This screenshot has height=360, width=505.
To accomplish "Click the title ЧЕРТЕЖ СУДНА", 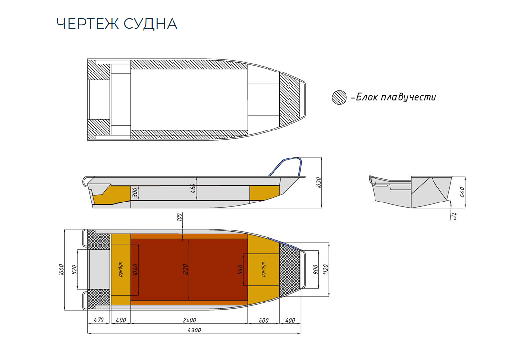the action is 116,24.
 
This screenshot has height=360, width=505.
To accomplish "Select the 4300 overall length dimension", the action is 193,330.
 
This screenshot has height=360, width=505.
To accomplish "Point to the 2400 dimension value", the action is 189,320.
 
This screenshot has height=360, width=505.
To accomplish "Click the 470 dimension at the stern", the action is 99,320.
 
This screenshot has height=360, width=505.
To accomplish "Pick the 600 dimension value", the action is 263,320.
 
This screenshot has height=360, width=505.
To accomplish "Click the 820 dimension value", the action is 74,270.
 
